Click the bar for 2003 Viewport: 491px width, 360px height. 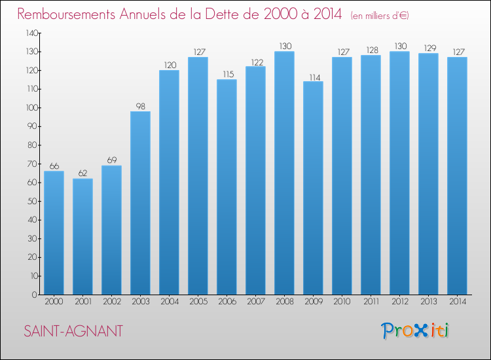140,203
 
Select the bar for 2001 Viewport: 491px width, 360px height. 82,237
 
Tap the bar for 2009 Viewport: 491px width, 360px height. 313,188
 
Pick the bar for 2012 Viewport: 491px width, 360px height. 399,173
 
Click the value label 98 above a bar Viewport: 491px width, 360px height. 141,107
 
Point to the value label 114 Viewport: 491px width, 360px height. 315,77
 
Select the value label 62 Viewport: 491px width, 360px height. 82,173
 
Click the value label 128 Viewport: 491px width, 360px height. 373,50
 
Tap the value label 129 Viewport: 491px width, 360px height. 430,48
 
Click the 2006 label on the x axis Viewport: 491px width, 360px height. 227,302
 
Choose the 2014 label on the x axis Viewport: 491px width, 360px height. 458,302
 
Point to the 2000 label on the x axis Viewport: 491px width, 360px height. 54,302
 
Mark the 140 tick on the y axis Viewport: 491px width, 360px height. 31,33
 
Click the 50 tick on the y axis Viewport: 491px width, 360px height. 32,202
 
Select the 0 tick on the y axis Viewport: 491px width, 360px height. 35,295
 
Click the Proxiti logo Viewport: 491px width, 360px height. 415,331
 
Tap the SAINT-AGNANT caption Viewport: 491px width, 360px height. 73,331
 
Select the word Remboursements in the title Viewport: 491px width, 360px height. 66,14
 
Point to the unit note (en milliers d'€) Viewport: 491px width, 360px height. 380,16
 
